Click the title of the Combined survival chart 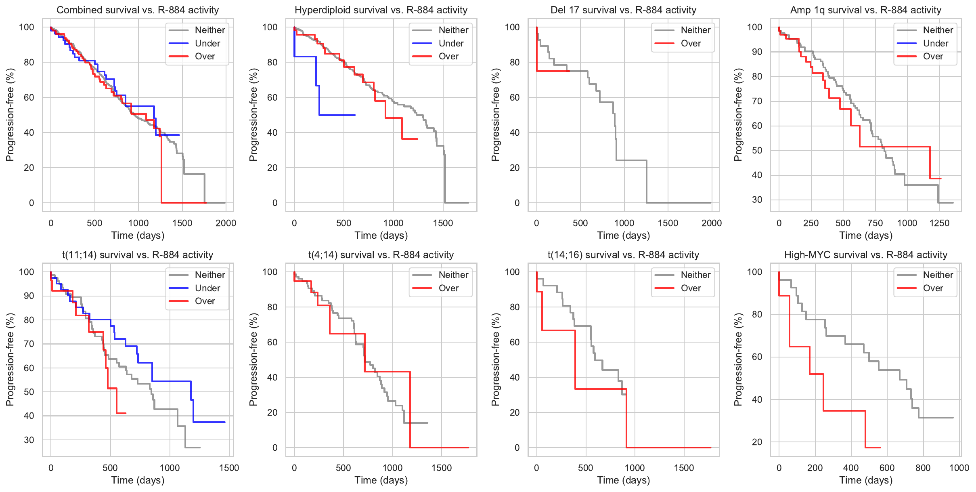(x=138, y=10)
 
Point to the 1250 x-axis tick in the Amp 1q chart (x=939, y=223)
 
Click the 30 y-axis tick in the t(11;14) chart (x=29, y=440)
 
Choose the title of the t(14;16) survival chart (x=623, y=255)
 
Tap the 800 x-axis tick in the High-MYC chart (x=923, y=468)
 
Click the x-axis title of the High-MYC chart (x=866, y=480)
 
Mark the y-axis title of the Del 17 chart (x=496, y=115)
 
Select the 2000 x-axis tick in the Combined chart (x=226, y=223)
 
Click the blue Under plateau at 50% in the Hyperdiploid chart (x=337, y=115)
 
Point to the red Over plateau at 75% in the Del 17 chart (x=553, y=71)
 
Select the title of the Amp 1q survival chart (x=866, y=10)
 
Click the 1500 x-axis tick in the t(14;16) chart (x=684, y=468)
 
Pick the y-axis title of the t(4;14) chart (x=253, y=360)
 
